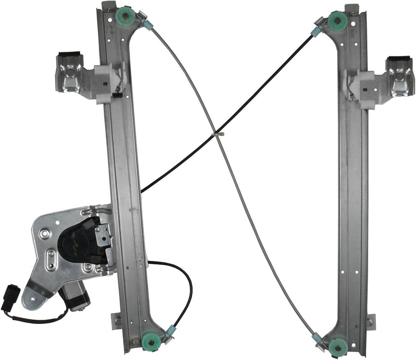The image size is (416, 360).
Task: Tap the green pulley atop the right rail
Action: click(x=337, y=21)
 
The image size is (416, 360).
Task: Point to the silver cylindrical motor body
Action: click(x=75, y=296)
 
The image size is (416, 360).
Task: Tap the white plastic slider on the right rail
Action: click(x=362, y=89)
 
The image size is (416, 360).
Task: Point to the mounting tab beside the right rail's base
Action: click(x=370, y=321)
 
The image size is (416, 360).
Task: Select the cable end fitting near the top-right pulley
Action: click(x=316, y=31)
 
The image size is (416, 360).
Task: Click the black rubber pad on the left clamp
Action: click(x=68, y=55)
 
